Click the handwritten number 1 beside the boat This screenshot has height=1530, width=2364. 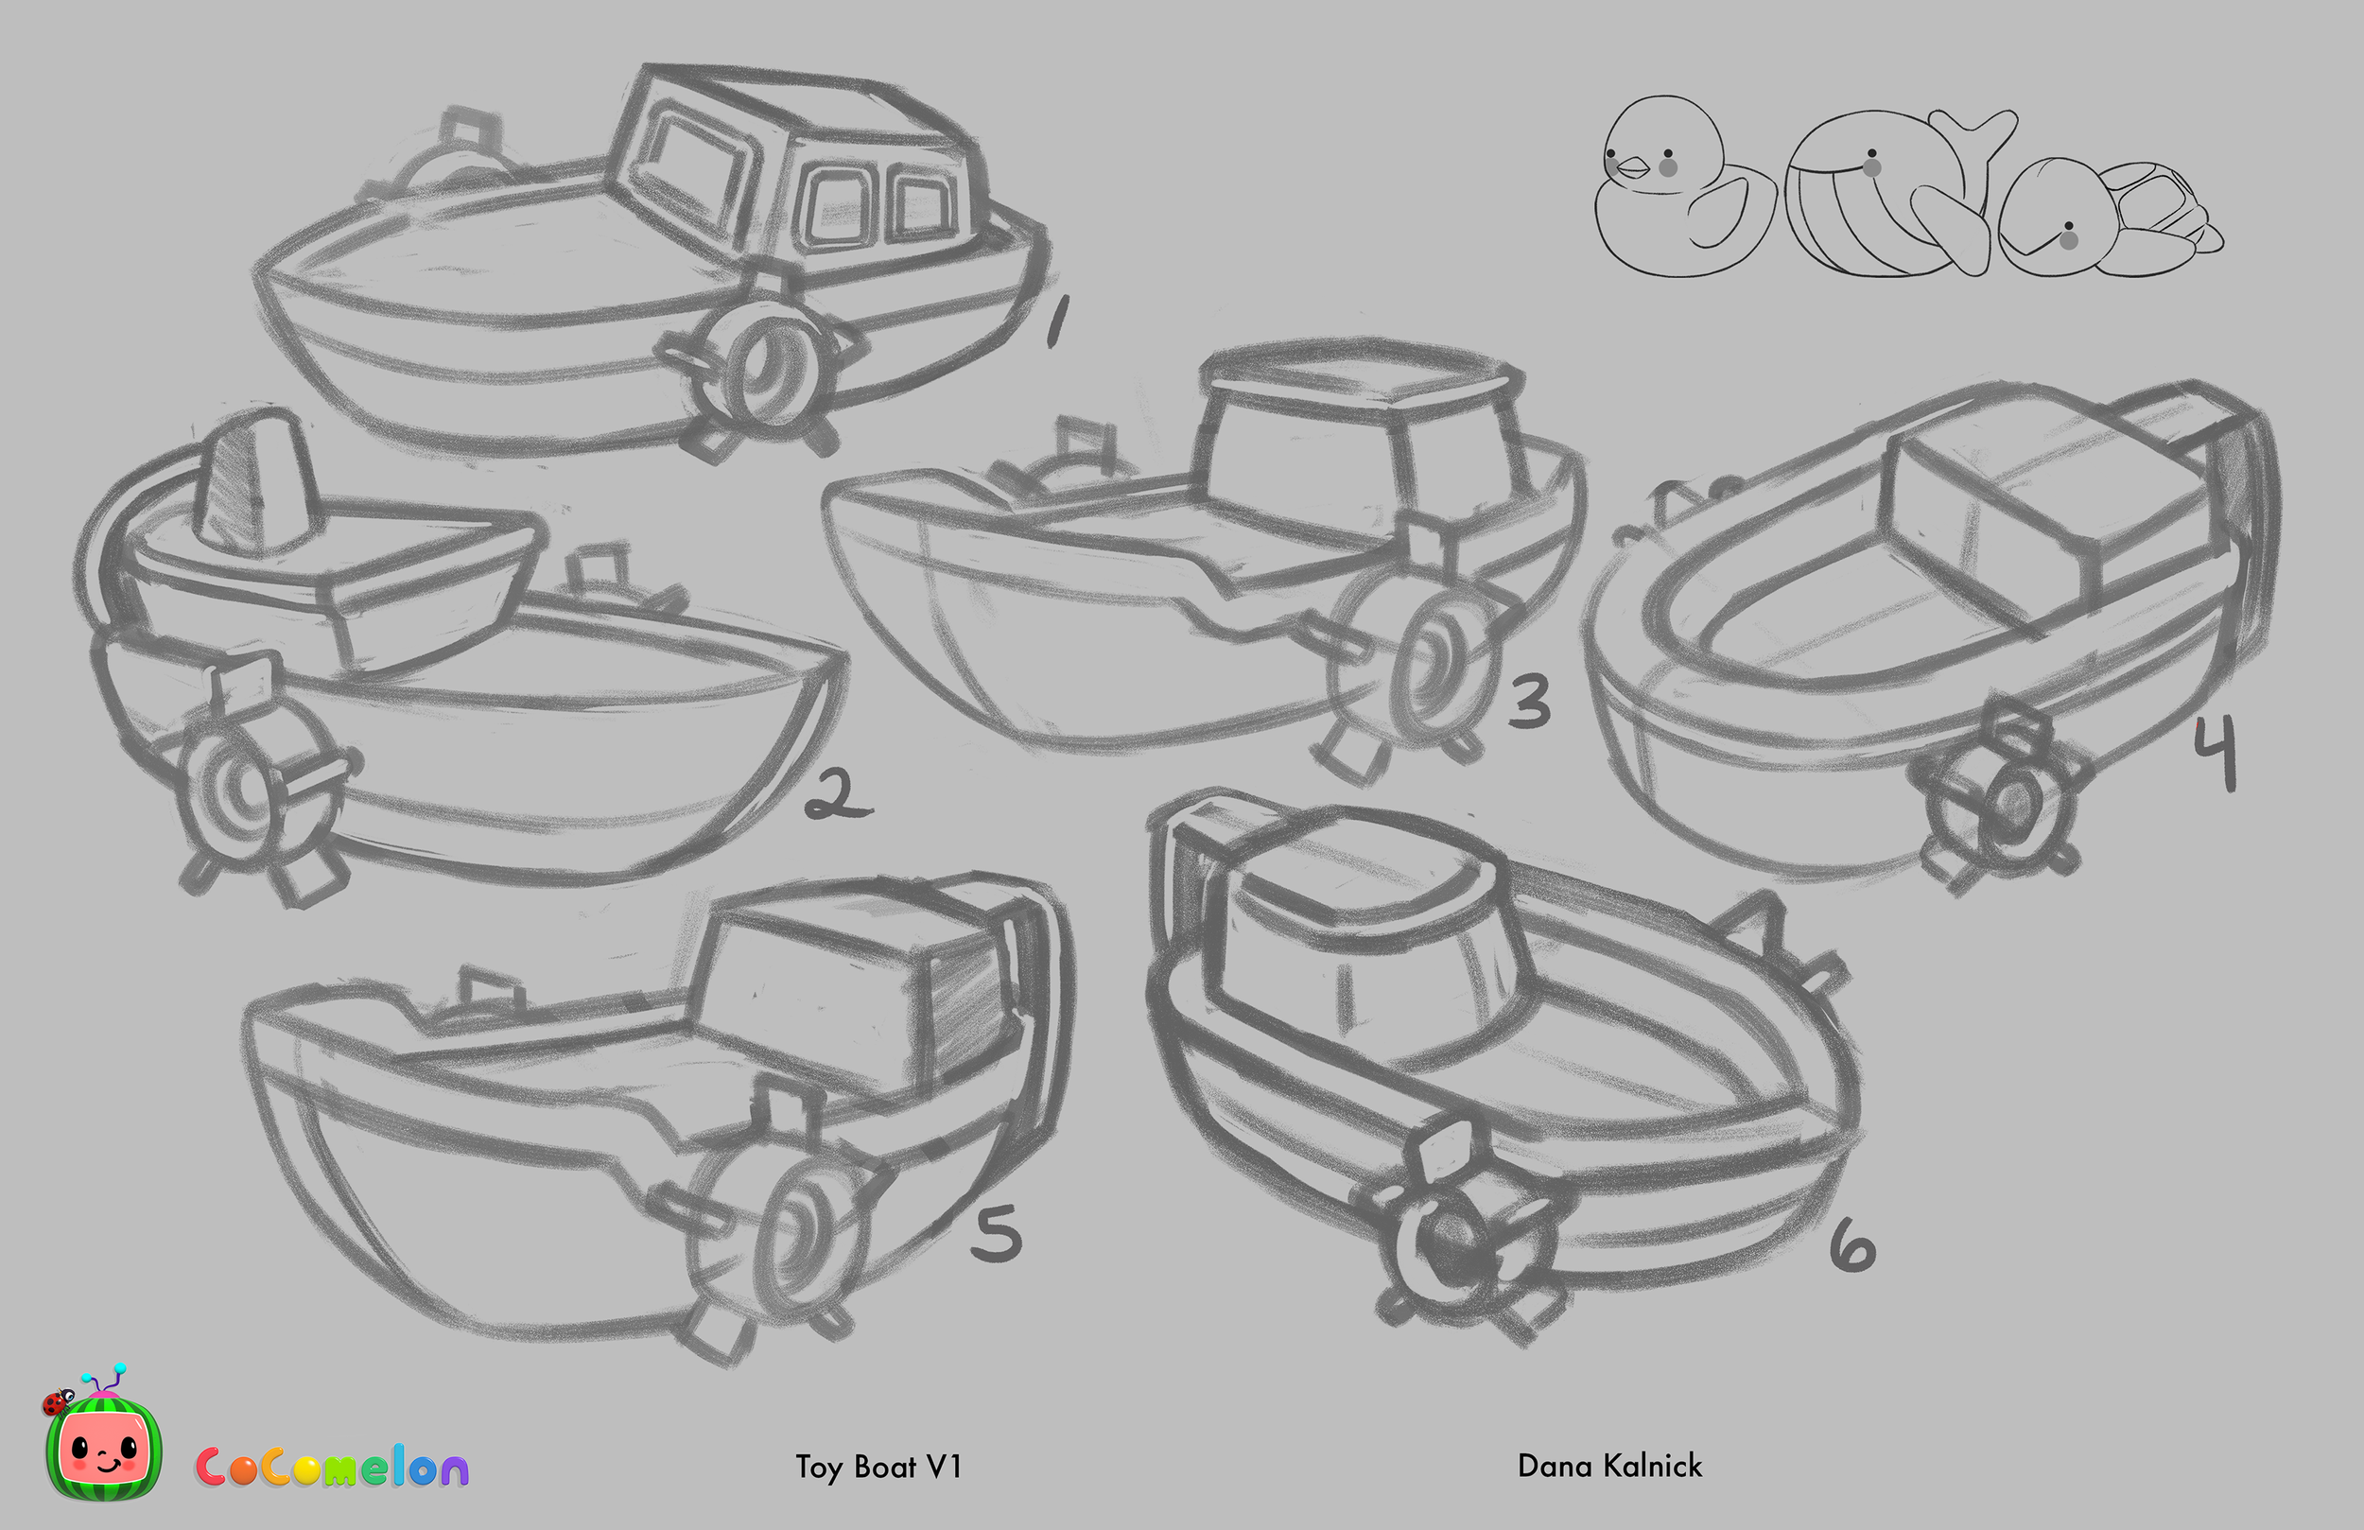pyautogui.click(x=1057, y=320)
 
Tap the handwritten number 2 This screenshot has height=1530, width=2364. pyautogui.click(x=840, y=795)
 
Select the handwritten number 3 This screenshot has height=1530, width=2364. pyautogui.click(x=1530, y=701)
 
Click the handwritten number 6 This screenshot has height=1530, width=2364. pyautogui.click(x=1852, y=1246)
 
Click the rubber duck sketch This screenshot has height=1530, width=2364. pyautogui.click(x=1678, y=189)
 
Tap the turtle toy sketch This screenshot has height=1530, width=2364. pyautogui.click(x=2106, y=218)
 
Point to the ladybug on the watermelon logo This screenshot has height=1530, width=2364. pyautogui.click(x=57, y=1401)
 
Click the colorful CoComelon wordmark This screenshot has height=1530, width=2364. pyautogui.click(x=332, y=1468)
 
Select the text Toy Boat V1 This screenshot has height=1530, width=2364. pyautogui.click(x=878, y=1468)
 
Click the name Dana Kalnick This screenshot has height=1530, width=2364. pyautogui.click(x=1609, y=1467)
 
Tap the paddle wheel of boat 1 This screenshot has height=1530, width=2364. pyautogui.click(x=760, y=368)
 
